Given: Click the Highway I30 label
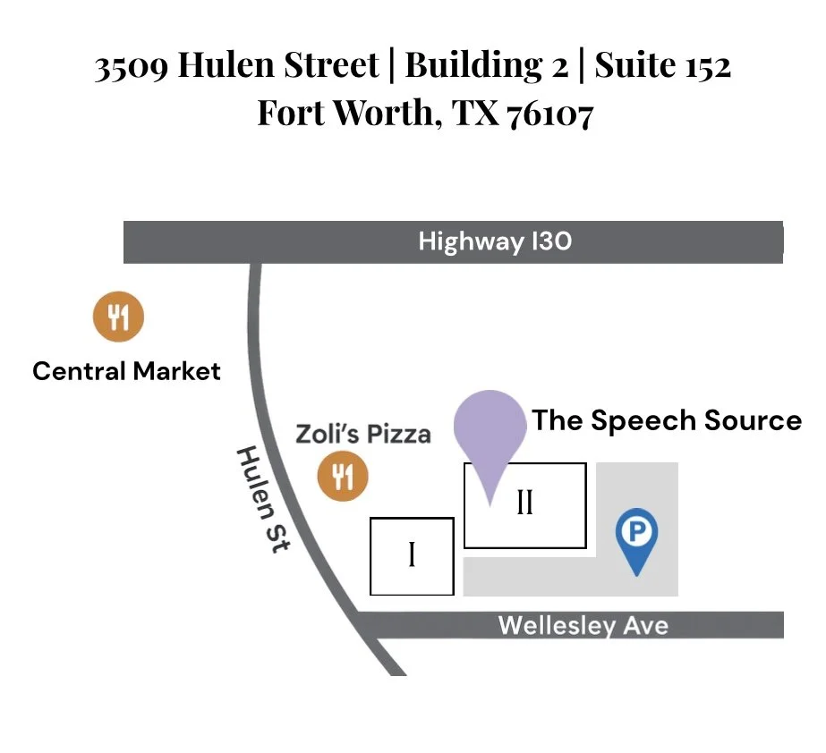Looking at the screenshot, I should [x=495, y=241].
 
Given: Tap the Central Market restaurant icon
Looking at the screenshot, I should [x=119, y=316].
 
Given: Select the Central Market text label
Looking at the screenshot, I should [x=126, y=370].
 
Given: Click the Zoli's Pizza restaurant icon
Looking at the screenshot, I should [x=343, y=475].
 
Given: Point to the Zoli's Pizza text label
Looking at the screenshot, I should [x=363, y=434].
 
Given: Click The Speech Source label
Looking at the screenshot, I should [x=667, y=419].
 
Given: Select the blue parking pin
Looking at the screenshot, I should [x=636, y=535].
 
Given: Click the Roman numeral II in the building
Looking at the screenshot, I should [x=524, y=503].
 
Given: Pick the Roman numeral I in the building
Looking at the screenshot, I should [x=412, y=555].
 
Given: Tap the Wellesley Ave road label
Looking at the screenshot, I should [x=583, y=624].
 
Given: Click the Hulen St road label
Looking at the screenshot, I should [x=262, y=499].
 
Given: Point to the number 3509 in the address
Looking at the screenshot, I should [x=132, y=66].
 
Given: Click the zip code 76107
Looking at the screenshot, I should [x=549, y=114].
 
